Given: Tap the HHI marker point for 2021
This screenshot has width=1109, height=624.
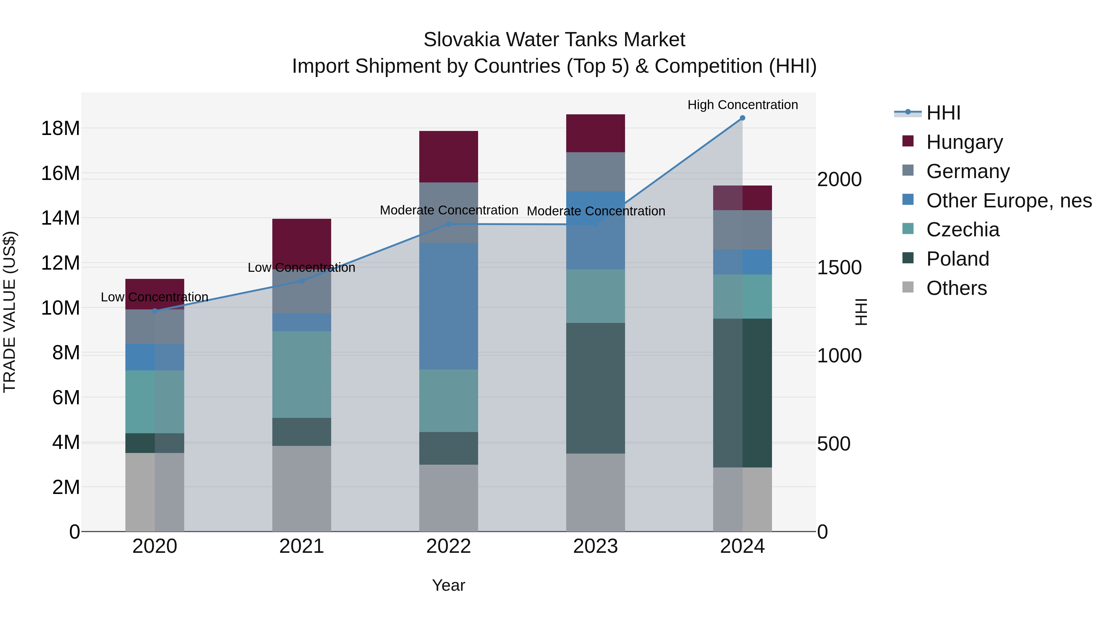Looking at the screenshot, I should (301, 281).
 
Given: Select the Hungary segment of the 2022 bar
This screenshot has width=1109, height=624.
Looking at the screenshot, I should (448, 157).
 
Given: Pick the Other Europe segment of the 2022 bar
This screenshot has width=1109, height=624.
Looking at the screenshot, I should (448, 306).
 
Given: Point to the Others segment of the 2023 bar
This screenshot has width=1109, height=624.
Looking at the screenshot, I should (595, 492).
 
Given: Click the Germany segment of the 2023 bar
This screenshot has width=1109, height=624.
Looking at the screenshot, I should (595, 171).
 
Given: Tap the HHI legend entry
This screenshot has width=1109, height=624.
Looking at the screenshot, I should (943, 113).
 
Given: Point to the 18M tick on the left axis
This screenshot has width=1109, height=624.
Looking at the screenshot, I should (60, 128).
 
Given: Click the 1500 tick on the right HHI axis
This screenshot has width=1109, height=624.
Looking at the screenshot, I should (839, 268).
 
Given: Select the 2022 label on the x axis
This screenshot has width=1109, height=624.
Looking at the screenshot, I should (448, 546).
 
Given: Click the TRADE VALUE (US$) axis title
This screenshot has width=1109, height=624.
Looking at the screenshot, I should (10, 312).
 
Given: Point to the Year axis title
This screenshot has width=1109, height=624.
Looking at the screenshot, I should (448, 585).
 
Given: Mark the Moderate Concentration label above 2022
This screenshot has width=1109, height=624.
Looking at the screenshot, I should (449, 210).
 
